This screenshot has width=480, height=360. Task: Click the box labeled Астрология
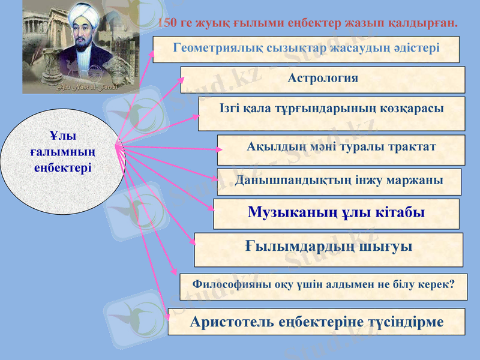coord(323,79)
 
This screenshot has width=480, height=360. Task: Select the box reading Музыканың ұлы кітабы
coord(336,214)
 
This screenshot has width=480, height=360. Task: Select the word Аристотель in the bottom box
coord(232,322)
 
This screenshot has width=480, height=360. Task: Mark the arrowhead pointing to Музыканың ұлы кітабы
coord(211,208)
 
